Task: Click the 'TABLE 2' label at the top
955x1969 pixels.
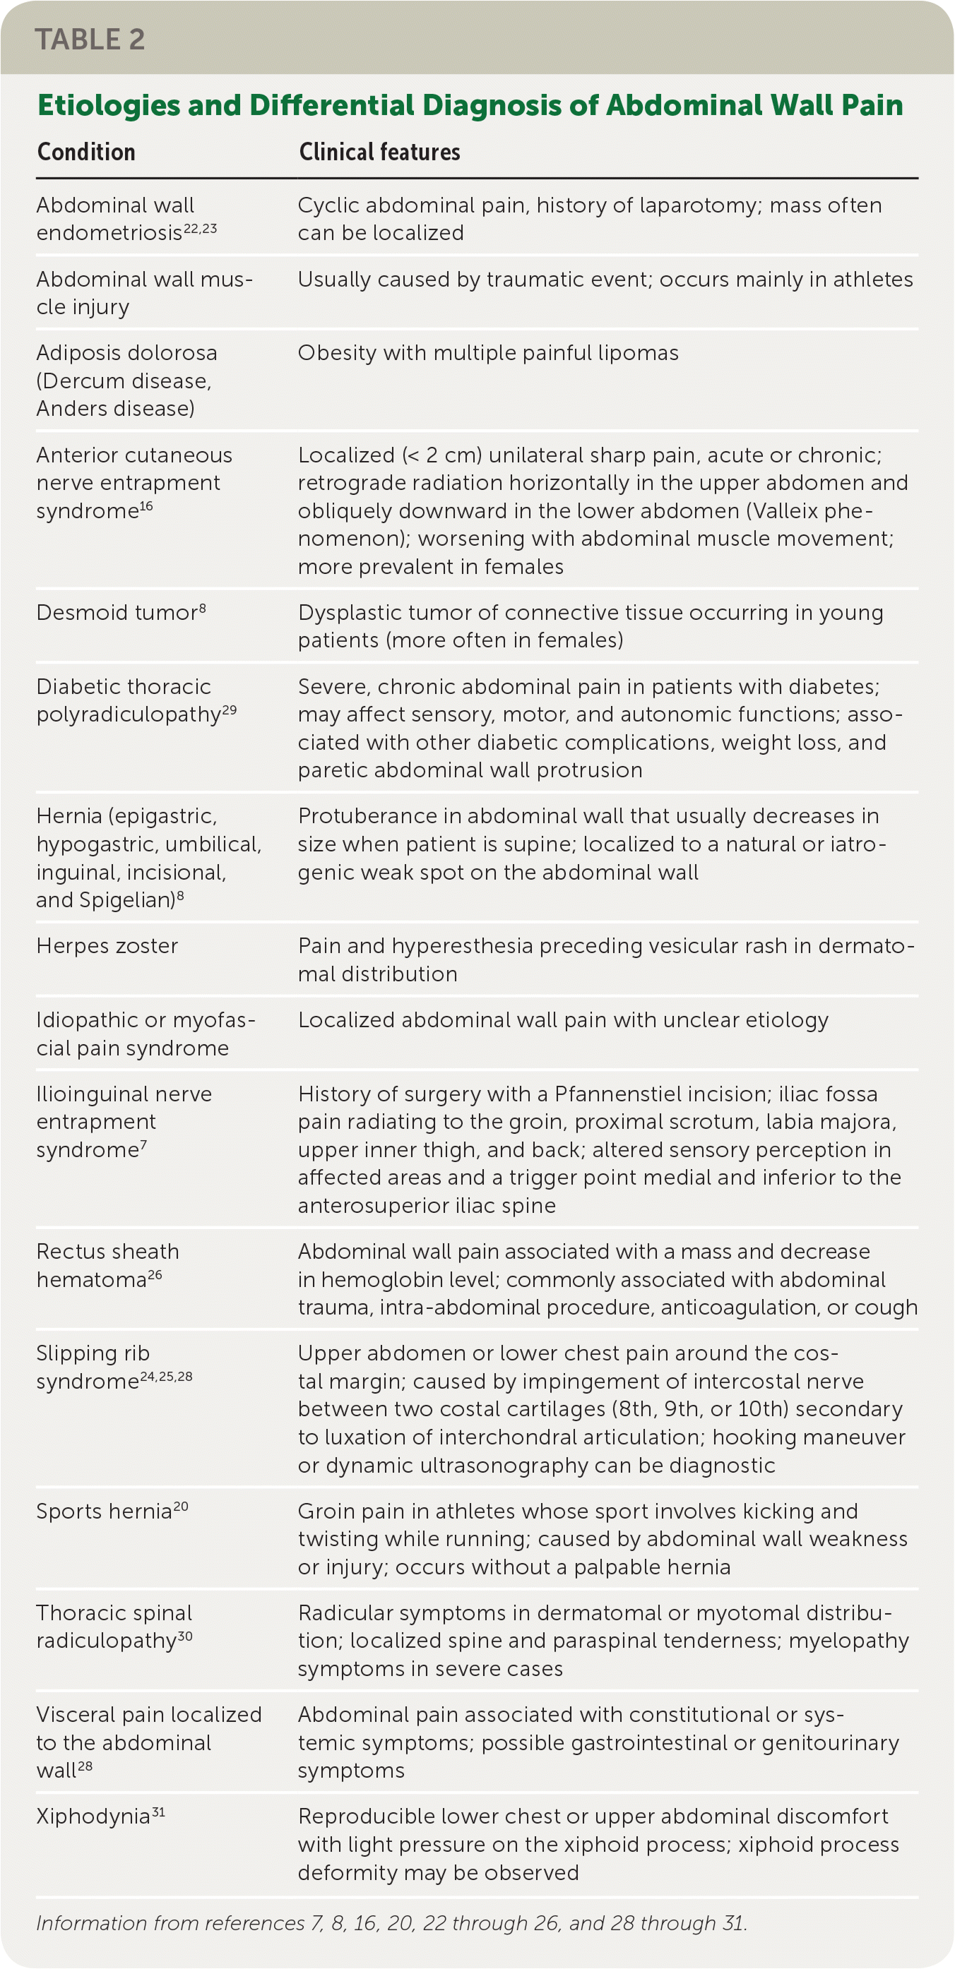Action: click(90, 39)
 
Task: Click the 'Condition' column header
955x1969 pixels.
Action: click(86, 152)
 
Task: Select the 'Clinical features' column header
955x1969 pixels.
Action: click(379, 152)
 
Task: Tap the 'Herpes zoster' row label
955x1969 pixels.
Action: click(107, 946)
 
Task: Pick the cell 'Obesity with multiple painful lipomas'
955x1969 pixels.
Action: click(488, 353)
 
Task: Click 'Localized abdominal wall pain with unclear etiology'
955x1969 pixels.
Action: click(563, 1020)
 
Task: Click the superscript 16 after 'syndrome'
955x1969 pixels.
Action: click(146, 506)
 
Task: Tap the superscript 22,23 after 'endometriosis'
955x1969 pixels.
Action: click(201, 228)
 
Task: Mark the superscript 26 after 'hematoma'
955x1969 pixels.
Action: click(155, 1275)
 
